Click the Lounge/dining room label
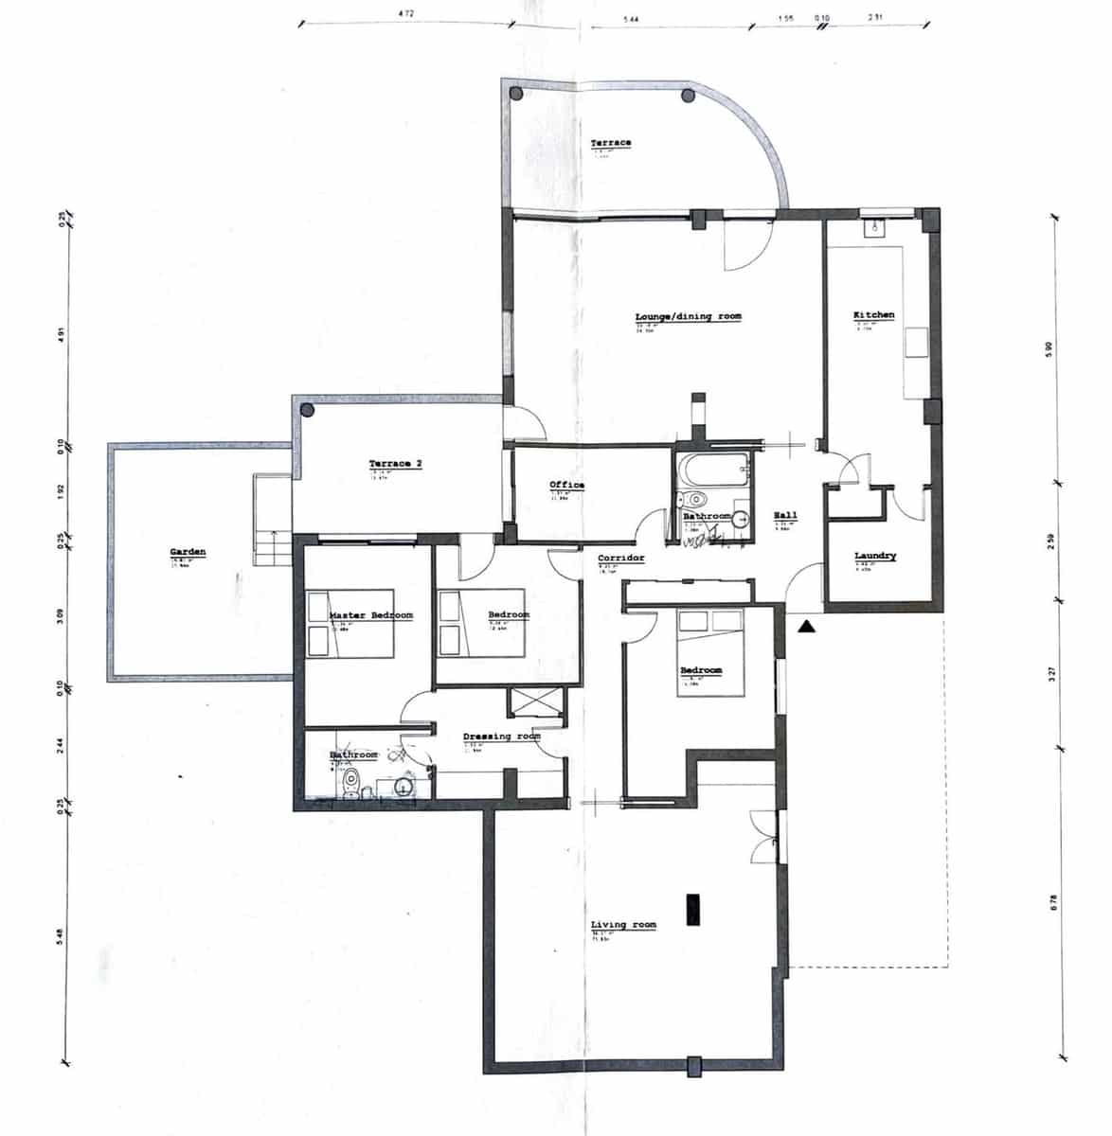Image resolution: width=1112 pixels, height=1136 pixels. pyautogui.click(x=688, y=316)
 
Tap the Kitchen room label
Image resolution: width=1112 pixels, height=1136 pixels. pyautogui.click(x=873, y=314)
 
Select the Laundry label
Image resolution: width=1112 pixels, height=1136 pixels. pyautogui.click(x=874, y=557)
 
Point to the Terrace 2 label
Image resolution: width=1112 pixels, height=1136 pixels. pyautogui.click(x=395, y=464)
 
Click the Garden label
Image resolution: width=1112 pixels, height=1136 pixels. pyautogui.click(x=188, y=552)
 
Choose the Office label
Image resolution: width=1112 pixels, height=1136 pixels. pyautogui.click(x=566, y=486)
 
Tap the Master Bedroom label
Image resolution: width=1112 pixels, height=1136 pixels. pyautogui.click(x=370, y=615)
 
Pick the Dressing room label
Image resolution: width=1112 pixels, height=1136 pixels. pyautogui.click(x=501, y=737)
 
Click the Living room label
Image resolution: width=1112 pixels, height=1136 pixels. pyautogui.click(x=623, y=925)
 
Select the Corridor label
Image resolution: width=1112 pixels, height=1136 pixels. pyautogui.click(x=620, y=559)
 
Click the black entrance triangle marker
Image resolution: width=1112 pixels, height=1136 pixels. pyautogui.click(x=805, y=626)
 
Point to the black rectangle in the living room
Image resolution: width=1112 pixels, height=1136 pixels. pyautogui.click(x=693, y=909)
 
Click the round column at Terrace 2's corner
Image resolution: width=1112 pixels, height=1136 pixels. pyautogui.click(x=307, y=410)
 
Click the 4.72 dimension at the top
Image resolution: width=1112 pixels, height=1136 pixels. pyautogui.click(x=405, y=14)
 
